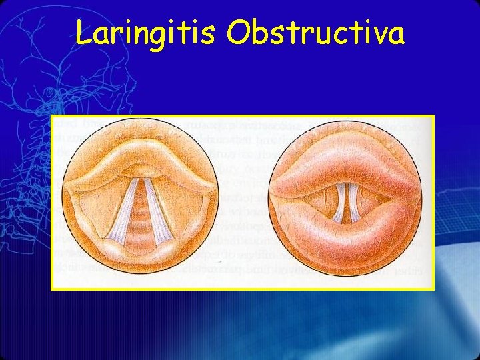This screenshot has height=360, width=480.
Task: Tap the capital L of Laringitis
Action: [x=83, y=31]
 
